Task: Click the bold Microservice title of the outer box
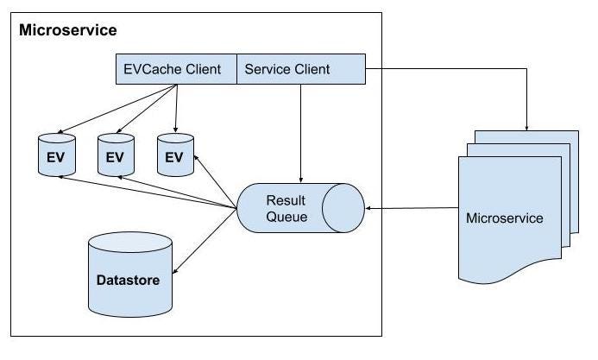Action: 68,31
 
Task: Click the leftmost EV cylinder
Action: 56,155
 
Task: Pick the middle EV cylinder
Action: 115,155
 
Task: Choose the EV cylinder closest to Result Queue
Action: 174,155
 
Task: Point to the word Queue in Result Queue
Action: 286,217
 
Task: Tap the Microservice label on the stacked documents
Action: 504,218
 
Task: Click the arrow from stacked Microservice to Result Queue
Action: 410,209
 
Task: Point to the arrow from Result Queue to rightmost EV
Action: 216,181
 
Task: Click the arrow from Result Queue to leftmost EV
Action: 147,192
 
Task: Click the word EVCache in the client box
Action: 155,70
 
